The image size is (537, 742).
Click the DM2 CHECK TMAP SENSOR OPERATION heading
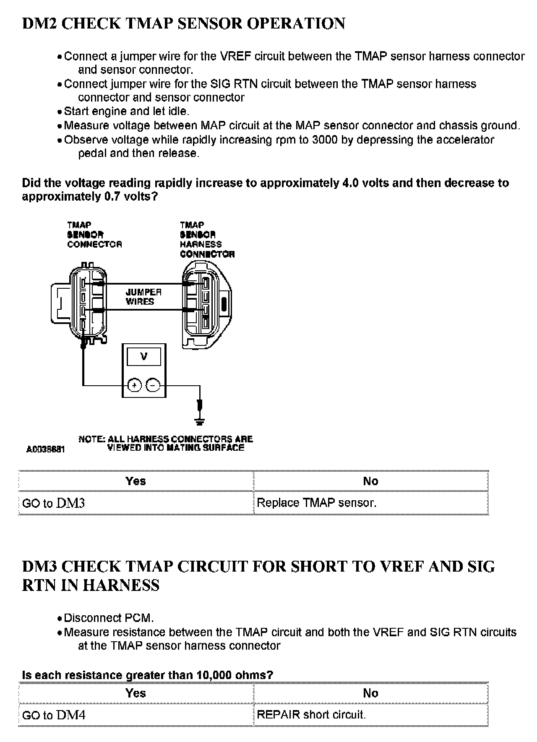pos(183,24)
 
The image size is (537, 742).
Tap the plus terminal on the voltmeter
pos(134,385)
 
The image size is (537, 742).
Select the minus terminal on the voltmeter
pos(153,385)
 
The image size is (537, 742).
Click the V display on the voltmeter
pos(144,357)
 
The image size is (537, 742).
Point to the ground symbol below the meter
pos(200,420)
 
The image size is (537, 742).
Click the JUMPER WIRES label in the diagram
pos(143,297)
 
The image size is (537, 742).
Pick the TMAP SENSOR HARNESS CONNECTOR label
pos(207,240)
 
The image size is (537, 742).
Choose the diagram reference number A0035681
pos(45,449)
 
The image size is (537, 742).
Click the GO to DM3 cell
pos(53,503)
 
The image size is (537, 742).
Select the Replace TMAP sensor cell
pos(316,503)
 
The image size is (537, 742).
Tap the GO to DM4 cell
pos(53,715)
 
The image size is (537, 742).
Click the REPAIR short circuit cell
pos(311,715)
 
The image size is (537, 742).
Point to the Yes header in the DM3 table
pos(136,693)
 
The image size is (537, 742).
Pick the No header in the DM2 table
pos(370,481)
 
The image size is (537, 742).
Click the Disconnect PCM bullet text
pos(109,618)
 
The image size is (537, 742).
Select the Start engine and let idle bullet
pos(126,111)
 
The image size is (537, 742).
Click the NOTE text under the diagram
pos(166,443)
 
